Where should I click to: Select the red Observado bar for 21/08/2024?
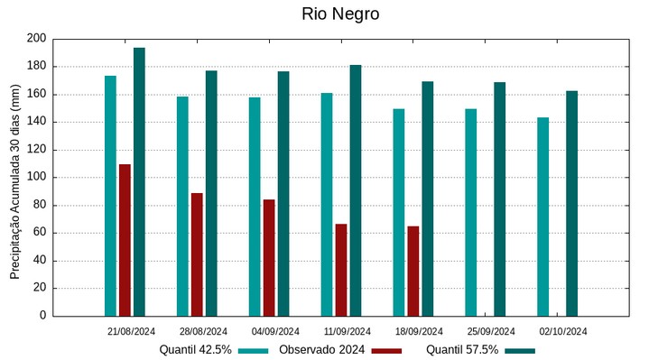click(125, 240)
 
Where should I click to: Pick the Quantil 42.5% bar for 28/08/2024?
click(182, 206)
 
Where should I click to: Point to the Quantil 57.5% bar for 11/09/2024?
click(356, 190)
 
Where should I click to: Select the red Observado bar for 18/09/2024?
click(413, 271)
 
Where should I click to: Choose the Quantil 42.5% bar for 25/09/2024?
click(471, 212)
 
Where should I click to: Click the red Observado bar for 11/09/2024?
click(341, 270)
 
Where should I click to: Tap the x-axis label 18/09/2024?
click(419, 331)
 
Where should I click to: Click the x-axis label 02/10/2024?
click(563, 331)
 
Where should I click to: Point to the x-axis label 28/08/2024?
click(202, 331)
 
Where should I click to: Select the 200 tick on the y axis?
click(36, 39)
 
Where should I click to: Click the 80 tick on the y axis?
click(40, 205)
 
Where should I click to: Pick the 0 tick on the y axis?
click(42, 316)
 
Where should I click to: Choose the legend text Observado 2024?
click(321, 350)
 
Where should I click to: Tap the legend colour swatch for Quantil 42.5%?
click(255, 350)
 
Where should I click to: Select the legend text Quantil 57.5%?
click(462, 350)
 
